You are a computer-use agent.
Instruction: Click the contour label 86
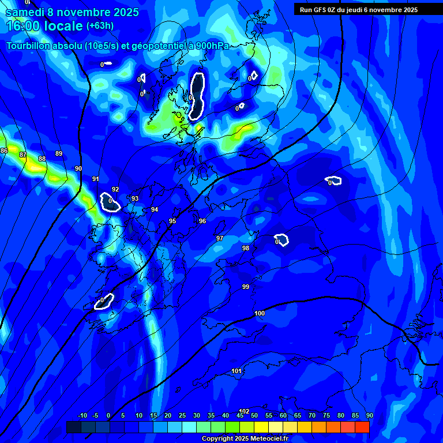(x=4, y=151)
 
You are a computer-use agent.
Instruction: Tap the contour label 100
(x=260, y=313)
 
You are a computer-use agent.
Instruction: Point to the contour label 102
(x=244, y=411)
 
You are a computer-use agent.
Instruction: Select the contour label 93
(x=135, y=198)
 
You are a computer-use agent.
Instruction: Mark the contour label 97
(x=220, y=238)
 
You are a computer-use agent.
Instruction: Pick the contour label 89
(x=59, y=153)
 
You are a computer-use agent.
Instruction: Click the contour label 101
(x=236, y=371)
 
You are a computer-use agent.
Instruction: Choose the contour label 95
(x=172, y=221)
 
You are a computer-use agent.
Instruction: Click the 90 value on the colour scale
(x=369, y=415)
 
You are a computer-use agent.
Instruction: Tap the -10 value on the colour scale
(x=82, y=415)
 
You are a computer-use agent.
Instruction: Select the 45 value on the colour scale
(x=240, y=415)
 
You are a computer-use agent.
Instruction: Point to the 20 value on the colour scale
(x=168, y=415)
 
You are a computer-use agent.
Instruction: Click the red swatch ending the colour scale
(x=362, y=427)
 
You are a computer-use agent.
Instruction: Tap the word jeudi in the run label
(x=351, y=10)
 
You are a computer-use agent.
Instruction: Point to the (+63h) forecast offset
(x=100, y=25)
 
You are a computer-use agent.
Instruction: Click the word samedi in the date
(x=25, y=12)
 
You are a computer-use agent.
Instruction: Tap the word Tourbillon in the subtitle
(x=28, y=46)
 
